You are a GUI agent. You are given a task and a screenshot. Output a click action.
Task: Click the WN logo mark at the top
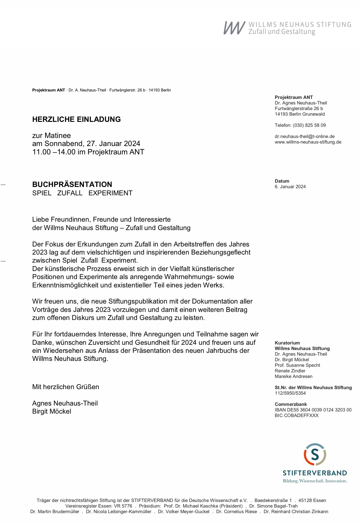[x=234, y=28]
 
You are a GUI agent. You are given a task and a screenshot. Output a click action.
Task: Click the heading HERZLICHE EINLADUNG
[x=77, y=119]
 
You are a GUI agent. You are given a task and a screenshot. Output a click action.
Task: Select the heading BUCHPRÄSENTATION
[x=72, y=184]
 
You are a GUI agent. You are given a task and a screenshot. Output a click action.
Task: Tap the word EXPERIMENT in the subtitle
[x=110, y=193]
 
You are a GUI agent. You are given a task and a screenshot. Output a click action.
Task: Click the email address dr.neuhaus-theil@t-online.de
[x=305, y=136]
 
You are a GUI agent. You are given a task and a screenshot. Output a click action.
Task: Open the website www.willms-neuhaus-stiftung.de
[x=308, y=142]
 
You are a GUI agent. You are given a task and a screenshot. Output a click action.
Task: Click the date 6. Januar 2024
[x=290, y=187]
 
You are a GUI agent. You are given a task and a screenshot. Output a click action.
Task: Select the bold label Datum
[x=282, y=181]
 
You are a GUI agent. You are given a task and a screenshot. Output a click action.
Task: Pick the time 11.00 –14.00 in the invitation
[x=54, y=152]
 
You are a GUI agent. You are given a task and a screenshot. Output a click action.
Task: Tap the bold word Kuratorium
[x=287, y=343]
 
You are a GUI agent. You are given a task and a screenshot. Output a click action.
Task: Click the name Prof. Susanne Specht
[x=297, y=365]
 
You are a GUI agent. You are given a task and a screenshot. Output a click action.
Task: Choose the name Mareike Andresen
[x=293, y=376]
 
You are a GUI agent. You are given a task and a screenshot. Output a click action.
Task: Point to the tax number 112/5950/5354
[x=290, y=393]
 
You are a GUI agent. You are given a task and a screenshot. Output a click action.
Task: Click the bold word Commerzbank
[x=291, y=404]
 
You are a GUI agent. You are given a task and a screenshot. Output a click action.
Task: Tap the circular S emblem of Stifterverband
[x=315, y=454]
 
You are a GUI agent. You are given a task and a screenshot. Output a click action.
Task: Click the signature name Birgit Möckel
[x=52, y=411]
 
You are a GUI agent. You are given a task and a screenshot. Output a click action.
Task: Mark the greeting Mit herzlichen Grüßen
[x=66, y=387]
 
